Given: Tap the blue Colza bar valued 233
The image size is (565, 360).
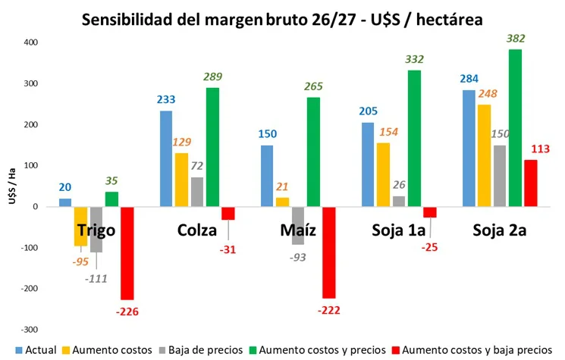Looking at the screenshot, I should point(166,158).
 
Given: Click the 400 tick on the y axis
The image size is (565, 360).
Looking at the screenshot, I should point(28,42).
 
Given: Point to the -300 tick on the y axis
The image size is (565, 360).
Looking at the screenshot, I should point(27,330).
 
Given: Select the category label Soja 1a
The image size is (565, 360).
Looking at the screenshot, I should point(397,230).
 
